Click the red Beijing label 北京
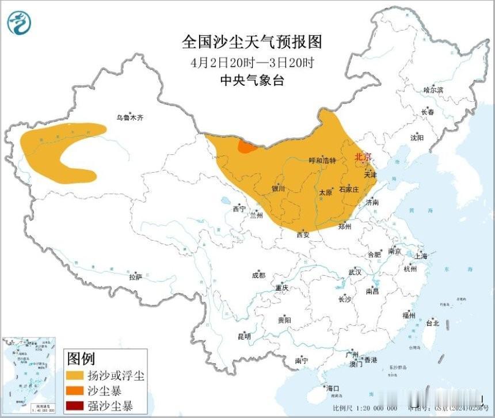[x=363, y=157]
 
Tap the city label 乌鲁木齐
[x=129, y=117]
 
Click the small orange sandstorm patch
[x=247, y=147]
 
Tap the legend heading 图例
[x=81, y=360]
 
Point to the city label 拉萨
[x=135, y=277]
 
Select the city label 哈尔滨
[x=433, y=90]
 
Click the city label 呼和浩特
[x=322, y=161]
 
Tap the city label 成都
[x=259, y=275]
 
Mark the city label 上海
[x=420, y=256]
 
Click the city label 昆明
[x=243, y=336]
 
